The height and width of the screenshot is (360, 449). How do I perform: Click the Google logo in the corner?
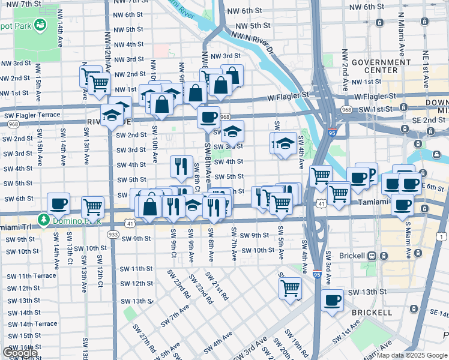pos(19,353)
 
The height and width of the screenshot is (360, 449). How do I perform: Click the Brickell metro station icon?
pos(372,256)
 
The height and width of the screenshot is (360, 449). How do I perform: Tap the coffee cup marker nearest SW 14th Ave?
pos(59,204)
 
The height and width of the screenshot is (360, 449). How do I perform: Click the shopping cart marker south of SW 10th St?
pos(291,288)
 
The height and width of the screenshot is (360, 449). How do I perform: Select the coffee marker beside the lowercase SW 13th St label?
pos(331,299)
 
